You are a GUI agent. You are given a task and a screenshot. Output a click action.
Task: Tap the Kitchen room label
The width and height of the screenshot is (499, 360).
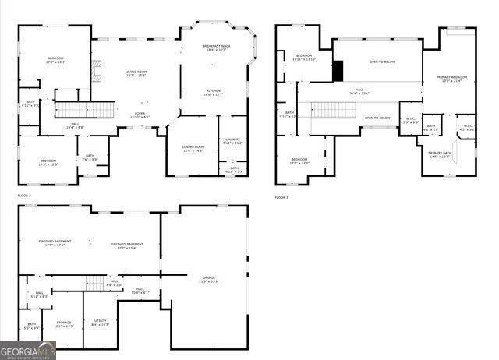[214, 92]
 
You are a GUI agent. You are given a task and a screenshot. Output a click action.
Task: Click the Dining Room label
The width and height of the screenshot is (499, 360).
[193, 148]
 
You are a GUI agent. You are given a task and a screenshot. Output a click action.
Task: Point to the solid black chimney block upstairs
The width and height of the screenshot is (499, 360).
[338, 70]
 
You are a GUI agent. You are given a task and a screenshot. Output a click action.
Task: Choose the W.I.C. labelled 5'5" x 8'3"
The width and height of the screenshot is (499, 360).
[411, 121]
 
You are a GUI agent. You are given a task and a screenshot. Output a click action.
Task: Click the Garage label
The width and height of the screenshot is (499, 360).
[208, 278]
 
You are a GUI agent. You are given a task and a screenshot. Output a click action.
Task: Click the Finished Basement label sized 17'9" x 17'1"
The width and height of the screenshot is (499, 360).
[55, 243]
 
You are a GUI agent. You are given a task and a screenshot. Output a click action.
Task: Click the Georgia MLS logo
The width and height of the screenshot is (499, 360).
[28, 351]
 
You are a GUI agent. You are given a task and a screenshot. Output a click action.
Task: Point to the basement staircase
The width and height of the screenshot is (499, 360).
[94, 284]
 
